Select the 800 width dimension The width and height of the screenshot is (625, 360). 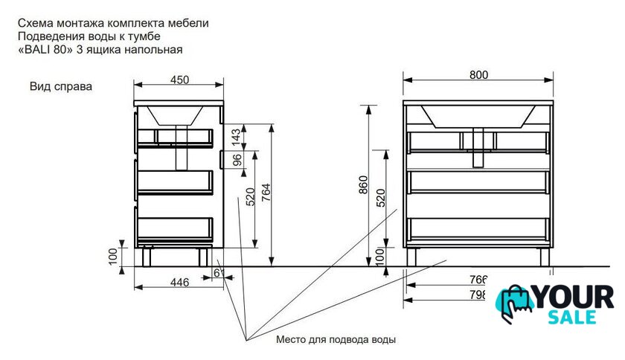tap(478, 74)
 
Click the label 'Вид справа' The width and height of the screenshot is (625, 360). tap(61, 86)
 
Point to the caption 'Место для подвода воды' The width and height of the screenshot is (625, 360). tap(336, 340)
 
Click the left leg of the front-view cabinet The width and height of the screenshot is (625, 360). tap(411, 256)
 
